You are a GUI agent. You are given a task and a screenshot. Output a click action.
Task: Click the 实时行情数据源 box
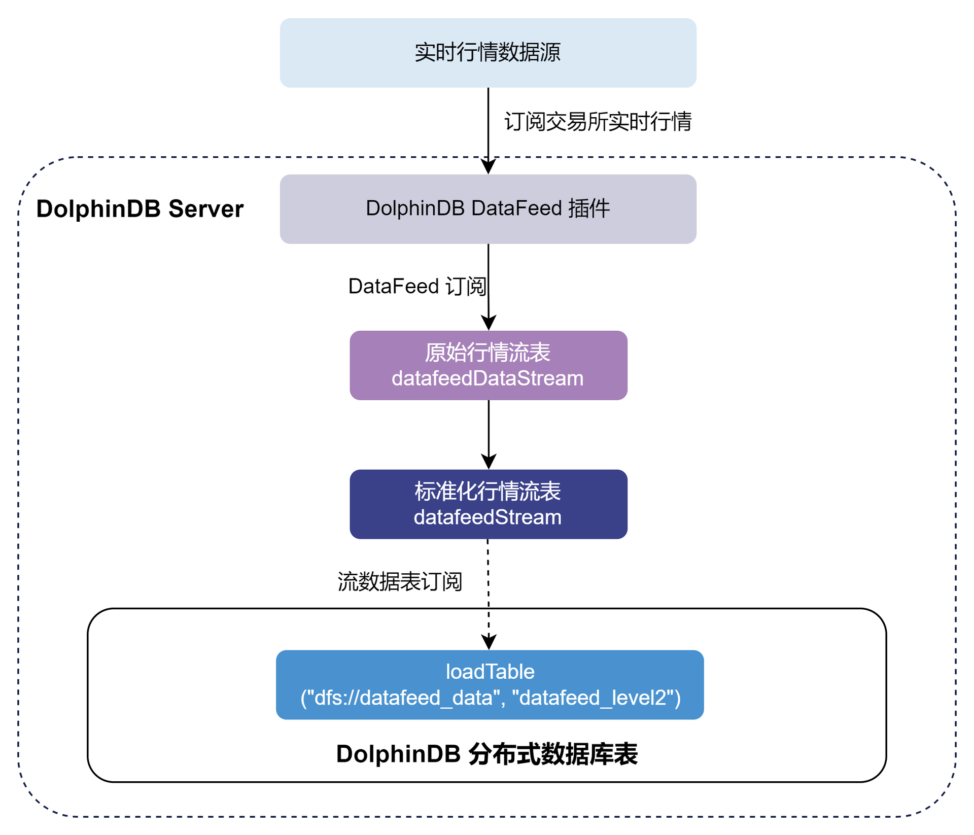pyautogui.click(x=488, y=53)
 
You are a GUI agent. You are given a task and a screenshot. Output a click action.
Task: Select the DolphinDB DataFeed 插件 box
pyautogui.click(x=488, y=209)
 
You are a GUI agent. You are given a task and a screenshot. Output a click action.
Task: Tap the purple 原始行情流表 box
pyautogui.click(x=488, y=365)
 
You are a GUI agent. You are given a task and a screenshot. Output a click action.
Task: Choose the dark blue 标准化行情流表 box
pyautogui.click(x=488, y=504)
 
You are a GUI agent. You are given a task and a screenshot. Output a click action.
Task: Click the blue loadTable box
pyautogui.click(x=490, y=684)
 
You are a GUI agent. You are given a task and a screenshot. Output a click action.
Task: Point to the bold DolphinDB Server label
pyautogui.click(x=140, y=209)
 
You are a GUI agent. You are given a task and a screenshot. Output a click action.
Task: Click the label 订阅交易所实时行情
pyautogui.click(x=598, y=122)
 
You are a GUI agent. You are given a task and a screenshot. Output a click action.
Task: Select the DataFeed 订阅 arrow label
pyautogui.click(x=417, y=287)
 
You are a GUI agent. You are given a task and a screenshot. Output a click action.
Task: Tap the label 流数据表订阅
pyautogui.click(x=400, y=581)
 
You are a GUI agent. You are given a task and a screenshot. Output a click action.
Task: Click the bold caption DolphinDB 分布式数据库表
pyautogui.click(x=486, y=754)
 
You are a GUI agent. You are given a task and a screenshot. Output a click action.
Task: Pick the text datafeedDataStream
pyautogui.click(x=488, y=378)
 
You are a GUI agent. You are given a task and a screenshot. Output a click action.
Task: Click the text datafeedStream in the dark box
pyautogui.click(x=488, y=517)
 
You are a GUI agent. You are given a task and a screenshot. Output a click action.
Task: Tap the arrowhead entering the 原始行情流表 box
pyautogui.click(x=489, y=323)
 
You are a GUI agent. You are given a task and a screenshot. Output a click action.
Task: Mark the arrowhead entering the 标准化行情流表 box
pyautogui.click(x=489, y=462)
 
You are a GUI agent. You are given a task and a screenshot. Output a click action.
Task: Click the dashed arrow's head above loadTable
pyautogui.click(x=489, y=642)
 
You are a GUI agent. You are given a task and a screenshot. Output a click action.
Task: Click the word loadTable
pyautogui.click(x=490, y=672)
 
